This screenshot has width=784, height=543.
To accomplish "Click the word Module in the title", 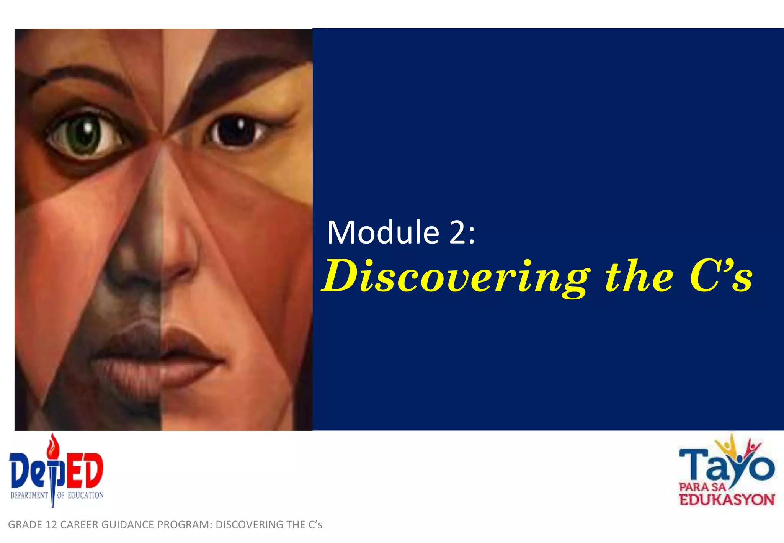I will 383,232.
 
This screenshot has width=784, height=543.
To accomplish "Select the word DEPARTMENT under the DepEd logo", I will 29,496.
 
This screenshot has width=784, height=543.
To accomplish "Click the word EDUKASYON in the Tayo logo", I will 727,500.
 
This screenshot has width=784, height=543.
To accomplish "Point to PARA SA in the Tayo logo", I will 702,487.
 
